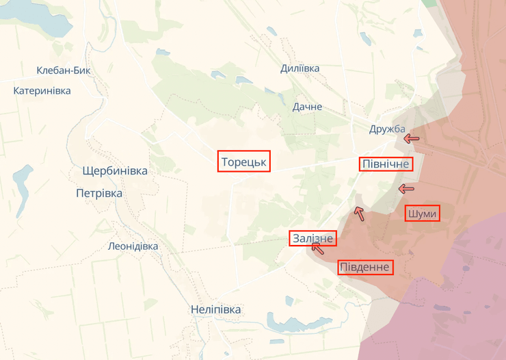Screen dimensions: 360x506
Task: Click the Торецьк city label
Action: point(244,162)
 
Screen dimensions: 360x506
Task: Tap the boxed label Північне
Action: point(386,164)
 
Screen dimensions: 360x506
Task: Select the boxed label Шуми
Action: point(421,214)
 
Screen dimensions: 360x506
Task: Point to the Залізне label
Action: point(313,238)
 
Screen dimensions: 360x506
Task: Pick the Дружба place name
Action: point(387,129)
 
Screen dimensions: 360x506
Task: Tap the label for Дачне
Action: point(307,107)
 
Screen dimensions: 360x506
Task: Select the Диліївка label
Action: point(299,68)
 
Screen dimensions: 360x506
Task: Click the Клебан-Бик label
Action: point(64,70)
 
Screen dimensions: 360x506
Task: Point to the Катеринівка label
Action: point(42,90)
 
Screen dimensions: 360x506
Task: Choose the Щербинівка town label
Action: point(114,170)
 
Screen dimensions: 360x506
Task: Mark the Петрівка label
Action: point(99,193)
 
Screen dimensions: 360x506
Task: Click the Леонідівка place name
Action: point(133,246)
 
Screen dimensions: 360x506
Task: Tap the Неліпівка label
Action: point(216,309)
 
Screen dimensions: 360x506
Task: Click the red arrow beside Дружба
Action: point(411,138)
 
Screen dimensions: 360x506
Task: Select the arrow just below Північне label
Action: point(406,188)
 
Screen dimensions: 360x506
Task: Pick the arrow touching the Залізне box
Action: point(317,248)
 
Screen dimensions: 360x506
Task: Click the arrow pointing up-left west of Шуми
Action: point(358,214)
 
